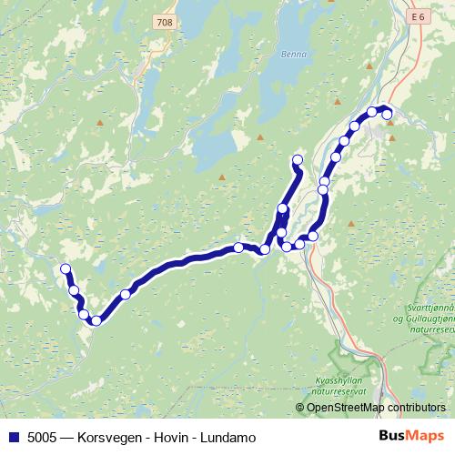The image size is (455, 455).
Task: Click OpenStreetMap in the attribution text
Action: click(x=347, y=409)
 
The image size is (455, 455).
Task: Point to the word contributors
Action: click(x=417, y=409)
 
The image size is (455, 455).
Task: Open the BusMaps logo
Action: click(x=410, y=436)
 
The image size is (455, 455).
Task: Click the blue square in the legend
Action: click(x=13, y=437)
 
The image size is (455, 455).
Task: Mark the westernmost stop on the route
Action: click(x=66, y=268)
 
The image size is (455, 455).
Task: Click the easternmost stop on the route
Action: click(x=387, y=114)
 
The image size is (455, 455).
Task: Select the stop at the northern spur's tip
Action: click(x=297, y=160)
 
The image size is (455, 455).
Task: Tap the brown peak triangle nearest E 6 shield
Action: click(x=369, y=66)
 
